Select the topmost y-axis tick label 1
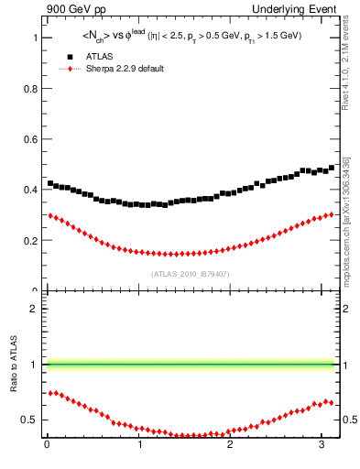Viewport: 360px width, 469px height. click(x=35, y=38)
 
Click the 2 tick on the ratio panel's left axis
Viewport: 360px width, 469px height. click(x=35, y=309)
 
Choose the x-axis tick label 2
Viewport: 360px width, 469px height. click(x=232, y=446)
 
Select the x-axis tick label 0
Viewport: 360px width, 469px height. click(x=47, y=446)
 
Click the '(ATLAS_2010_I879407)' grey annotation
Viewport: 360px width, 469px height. click(x=190, y=273)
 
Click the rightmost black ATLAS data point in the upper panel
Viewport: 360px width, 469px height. click(x=332, y=168)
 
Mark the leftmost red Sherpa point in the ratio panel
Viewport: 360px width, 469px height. click(x=50, y=392)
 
